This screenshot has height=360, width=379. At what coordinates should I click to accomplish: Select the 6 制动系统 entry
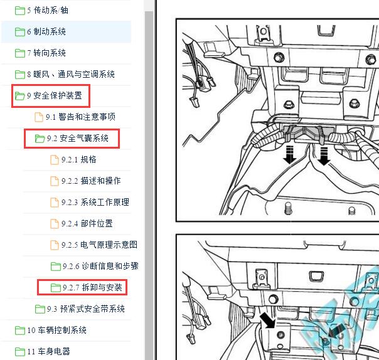[46, 31]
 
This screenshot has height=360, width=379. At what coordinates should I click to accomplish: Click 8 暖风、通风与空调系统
[70, 74]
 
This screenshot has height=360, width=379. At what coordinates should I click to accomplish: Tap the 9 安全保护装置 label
[54, 95]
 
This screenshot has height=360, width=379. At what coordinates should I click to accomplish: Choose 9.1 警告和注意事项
[80, 117]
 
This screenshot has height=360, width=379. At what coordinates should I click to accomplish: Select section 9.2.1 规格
[78, 159]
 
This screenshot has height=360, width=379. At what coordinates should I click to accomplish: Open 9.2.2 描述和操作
[91, 181]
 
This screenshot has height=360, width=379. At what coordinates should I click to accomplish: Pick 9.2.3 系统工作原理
[95, 202]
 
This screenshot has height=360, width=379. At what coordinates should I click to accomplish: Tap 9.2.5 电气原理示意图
[99, 245]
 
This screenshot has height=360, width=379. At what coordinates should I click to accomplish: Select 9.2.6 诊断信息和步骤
[100, 266]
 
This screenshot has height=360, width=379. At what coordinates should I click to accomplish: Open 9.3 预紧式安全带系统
[85, 309]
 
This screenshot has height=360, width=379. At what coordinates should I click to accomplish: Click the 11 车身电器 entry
[48, 351]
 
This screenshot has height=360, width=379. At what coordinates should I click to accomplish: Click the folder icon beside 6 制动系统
[19, 31]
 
